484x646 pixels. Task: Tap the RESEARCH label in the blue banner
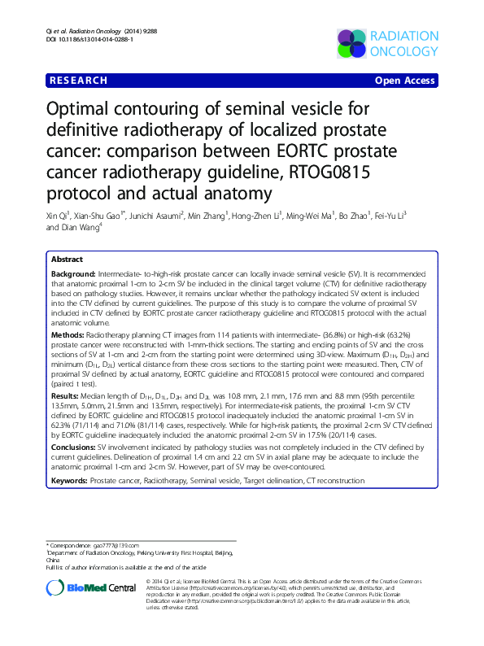(x=78, y=81)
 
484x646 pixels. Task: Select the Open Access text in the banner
(x=407, y=81)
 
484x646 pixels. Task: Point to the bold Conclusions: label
(x=73, y=447)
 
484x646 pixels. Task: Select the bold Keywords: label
(x=70, y=481)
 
